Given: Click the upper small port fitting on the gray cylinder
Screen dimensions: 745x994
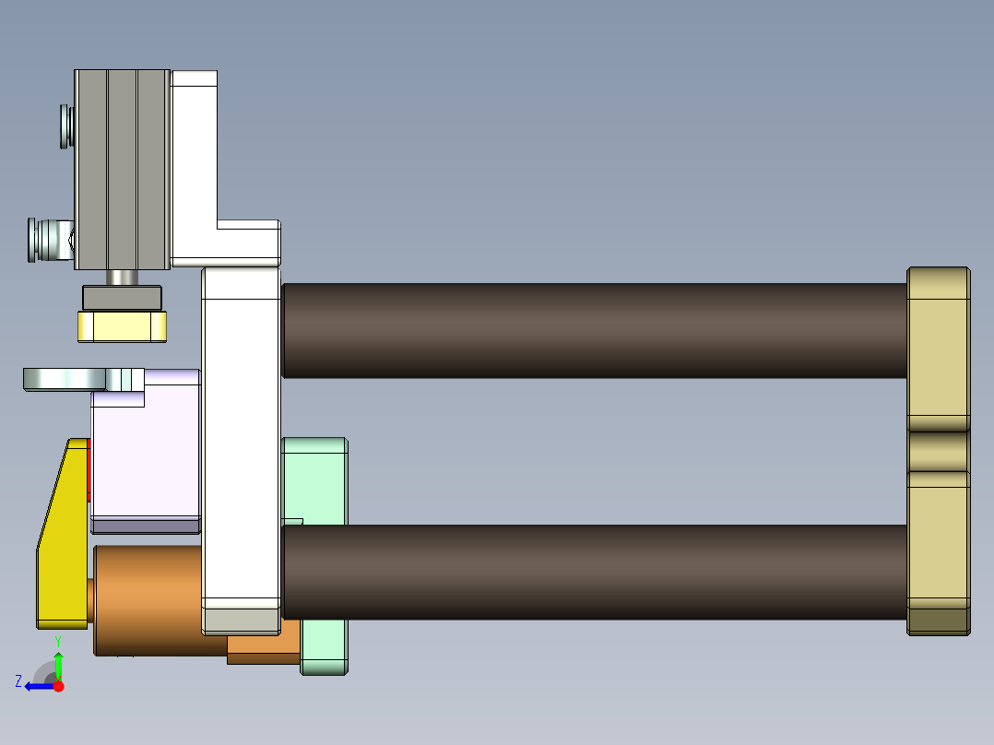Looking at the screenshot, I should (x=65, y=126).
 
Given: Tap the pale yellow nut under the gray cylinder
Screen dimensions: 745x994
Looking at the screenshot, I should (x=123, y=326).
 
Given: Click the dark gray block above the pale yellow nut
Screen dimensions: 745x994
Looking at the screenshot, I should (x=122, y=298).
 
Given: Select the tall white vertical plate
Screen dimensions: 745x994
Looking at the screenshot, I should (x=240, y=443).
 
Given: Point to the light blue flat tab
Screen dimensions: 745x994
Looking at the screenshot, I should (x=65, y=378).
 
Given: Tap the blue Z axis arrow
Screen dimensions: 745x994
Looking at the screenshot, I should (x=37, y=686).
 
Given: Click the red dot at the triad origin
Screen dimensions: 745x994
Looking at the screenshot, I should (x=58, y=686).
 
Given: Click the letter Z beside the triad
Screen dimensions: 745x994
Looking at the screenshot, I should (x=18, y=681).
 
